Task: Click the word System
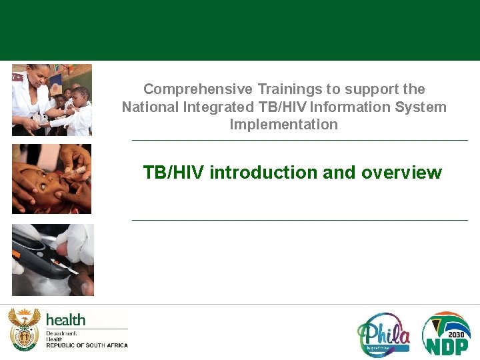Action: pos(421,107)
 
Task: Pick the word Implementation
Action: pos(283,125)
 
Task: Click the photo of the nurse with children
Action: pos(52,100)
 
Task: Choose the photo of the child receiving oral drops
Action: pos(52,179)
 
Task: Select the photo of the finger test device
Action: pos(53,259)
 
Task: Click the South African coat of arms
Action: pos(24,329)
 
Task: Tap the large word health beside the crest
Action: pos(65,319)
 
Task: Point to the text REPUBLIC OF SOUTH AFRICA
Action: pos(87,345)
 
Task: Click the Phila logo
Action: pos(384,334)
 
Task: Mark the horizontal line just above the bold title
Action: pos(300,141)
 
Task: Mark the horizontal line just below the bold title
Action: pos(300,220)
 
